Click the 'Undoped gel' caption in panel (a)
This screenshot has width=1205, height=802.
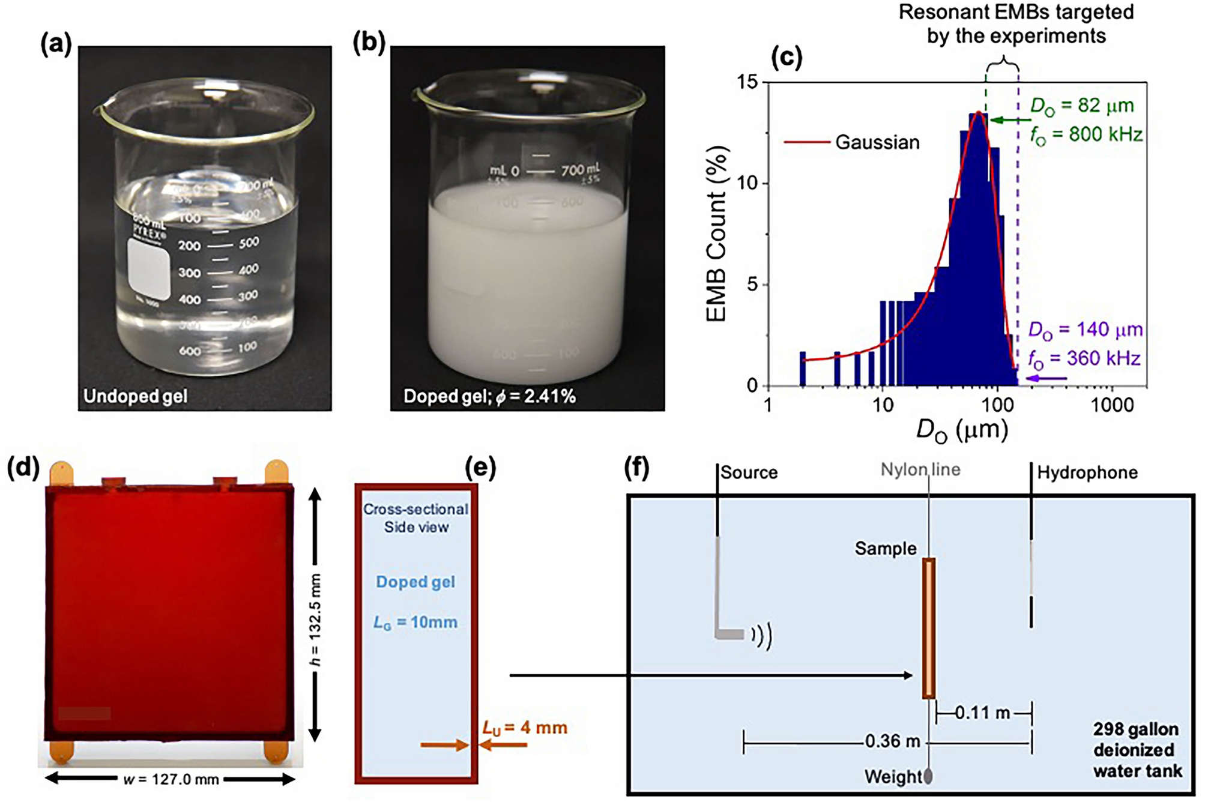135,396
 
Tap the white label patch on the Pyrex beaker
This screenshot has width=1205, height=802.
149,268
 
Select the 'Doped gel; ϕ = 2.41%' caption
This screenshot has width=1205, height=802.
489,396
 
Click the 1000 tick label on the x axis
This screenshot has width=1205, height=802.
1112,405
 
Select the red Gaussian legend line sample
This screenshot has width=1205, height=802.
806,143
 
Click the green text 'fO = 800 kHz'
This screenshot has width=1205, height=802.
1086,134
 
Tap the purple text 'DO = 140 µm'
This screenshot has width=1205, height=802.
1084,330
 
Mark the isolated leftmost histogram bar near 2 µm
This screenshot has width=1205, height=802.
802,369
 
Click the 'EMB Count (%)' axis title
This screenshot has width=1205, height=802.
717,234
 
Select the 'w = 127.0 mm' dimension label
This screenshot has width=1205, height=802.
171,780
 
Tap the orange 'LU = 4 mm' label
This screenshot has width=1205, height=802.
525,728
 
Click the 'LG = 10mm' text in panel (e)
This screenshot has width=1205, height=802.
415,623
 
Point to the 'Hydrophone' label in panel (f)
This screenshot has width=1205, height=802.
1087,473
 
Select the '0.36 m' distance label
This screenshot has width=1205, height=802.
892,742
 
